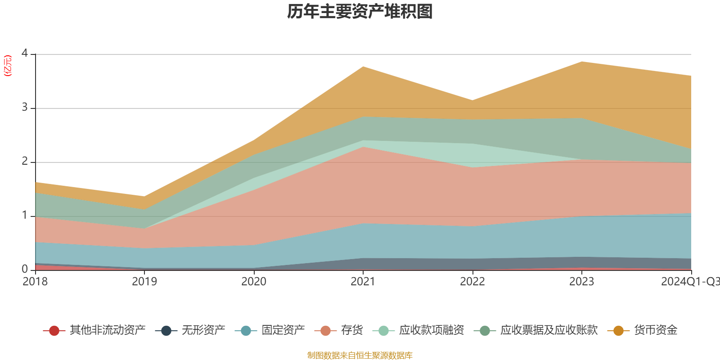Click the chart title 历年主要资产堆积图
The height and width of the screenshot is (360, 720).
[360, 12]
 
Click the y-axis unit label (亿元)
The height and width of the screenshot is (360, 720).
[8, 66]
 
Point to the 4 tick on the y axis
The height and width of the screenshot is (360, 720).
[25, 54]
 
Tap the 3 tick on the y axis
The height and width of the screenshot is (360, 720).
[25, 108]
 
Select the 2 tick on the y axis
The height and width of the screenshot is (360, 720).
[25, 162]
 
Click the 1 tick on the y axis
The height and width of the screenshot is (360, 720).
[25, 216]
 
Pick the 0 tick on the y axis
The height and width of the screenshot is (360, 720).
[25, 269]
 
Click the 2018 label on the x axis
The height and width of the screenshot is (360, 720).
[35, 282]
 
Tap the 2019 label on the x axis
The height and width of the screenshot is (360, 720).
[144, 282]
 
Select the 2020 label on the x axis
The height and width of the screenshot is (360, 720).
[254, 282]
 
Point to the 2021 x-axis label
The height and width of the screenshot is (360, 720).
[363, 282]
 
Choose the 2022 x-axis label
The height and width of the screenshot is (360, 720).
[472, 282]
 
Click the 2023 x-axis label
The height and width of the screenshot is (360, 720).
[582, 282]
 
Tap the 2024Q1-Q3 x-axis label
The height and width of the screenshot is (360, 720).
[690, 282]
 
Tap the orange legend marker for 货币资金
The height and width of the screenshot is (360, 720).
[618, 331]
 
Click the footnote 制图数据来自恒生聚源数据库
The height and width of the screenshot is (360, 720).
[360, 355]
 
